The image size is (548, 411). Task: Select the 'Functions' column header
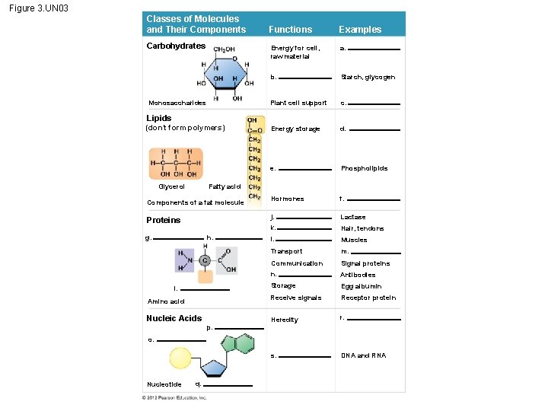[x=290, y=30]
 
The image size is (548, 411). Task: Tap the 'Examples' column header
[x=360, y=30]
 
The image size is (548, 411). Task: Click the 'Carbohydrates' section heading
[x=176, y=46]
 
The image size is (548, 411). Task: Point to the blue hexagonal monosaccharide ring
[x=221, y=73]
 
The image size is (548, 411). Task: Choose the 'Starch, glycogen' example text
[x=368, y=77]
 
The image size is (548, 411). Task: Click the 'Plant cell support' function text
[x=298, y=103]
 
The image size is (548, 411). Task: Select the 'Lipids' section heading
[x=159, y=118]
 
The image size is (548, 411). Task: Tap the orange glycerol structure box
[x=176, y=163]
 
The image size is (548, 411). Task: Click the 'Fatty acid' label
[x=225, y=186]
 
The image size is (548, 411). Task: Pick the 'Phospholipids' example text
[x=364, y=168]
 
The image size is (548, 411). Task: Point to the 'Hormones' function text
[x=287, y=199]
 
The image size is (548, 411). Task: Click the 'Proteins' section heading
[x=164, y=220]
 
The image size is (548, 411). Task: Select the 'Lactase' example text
[x=353, y=218]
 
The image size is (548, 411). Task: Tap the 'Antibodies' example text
[x=358, y=275]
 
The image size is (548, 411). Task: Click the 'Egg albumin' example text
[x=359, y=286]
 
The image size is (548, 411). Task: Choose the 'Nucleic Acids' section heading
[x=174, y=318]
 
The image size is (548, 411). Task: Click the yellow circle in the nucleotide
[x=181, y=359]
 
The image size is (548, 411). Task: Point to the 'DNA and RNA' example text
[x=363, y=355]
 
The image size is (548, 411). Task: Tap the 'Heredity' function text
[x=285, y=320]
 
